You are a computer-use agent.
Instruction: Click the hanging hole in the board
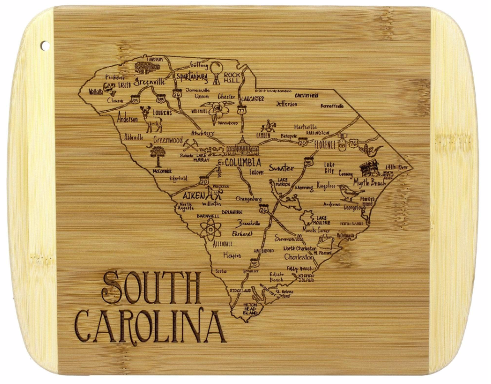pos(45,46)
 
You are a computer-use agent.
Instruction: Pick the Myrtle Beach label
pos(369,183)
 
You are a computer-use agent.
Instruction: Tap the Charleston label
pos(299,258)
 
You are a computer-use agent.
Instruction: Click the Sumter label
pos(282,168)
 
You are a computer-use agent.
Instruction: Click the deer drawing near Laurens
pos(153,120)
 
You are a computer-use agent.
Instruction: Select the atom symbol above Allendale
pos(210,229)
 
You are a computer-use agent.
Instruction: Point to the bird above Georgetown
pos(349,193)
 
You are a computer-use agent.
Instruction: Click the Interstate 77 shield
pos(241,111)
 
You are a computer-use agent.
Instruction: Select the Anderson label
pos(127,119)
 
